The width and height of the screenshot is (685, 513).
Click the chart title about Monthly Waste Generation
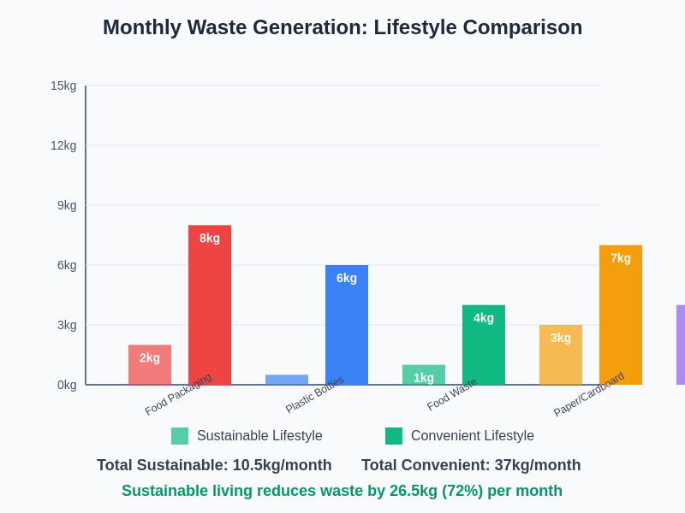[x=342, y=27]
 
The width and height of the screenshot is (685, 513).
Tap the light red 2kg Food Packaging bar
[x=150, y=365]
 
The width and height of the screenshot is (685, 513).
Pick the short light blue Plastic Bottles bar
[x=287, y=380]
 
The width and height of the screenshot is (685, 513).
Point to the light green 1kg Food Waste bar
[x=424, y=374]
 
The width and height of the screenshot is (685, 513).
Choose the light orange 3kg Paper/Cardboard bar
[x=561, y=355]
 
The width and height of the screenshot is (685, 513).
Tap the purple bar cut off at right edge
[x=681, y=345]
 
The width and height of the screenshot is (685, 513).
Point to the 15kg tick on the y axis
[x=63, y=85]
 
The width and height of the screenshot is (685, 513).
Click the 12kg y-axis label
[x=63, y=145]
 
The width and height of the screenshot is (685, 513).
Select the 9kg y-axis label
[x=67, y=205]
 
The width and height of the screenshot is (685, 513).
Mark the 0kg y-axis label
[x=67, y=385]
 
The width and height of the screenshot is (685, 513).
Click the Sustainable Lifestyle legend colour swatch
[x=180, y=436]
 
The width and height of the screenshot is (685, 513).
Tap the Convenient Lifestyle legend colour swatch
[x=394, y=436]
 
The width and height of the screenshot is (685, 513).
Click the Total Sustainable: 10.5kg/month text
[x=214, y=465]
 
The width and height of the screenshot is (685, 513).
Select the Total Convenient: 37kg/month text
[x=471, y=465]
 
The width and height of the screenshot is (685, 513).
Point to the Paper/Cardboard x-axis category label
[x=589, y=394]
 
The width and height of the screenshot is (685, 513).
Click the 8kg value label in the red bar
[x=210, y=238]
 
